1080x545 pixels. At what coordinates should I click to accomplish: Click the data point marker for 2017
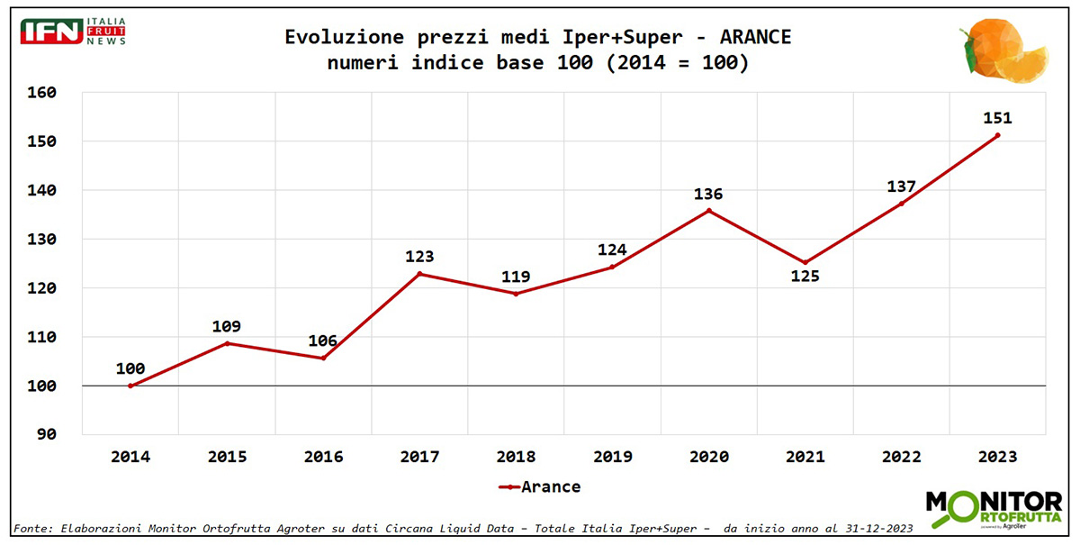pyautogui.click(x=419, y=274)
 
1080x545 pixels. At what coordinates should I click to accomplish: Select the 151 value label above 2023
pyautogui.click(x=997, y=118)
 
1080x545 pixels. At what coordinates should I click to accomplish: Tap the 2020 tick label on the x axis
pyautogui.click(x=708, y=457)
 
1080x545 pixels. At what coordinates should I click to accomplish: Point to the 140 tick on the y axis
pyautogui.click(x=41, y=191)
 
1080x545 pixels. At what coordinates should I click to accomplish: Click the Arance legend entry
pyautogui.click(x=540, y=487)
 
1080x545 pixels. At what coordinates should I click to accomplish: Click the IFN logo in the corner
pyautogui.click(x=72, y=32)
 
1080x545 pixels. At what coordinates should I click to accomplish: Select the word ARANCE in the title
pyautogui.click(x=756, y=38)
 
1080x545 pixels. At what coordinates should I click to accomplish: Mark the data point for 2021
pyautogui.click(x=805, y=263)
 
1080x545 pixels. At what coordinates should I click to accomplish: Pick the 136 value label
pyautogui.click(x=708, y=195)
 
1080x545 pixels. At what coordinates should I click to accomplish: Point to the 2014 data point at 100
pyautogui.click(x=130, y=386)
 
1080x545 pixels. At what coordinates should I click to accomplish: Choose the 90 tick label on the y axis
pyautogui.click(x=46, y=435)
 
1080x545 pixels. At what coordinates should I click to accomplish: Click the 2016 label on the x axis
pyautogui.click(x=323, y=457)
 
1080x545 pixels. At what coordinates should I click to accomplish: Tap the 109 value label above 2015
pyautogui.click(x=226, y=326)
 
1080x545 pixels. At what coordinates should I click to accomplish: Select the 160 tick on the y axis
pyautogui.click(x=41, y=94)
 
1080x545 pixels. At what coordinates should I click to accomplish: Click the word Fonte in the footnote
pyautogui.click(x=32, y=528)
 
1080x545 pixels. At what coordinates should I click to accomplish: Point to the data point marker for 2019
pyautogui.click(x=612, y=267)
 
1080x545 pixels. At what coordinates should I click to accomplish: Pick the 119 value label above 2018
pyautogui.click(x=516, y=277)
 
